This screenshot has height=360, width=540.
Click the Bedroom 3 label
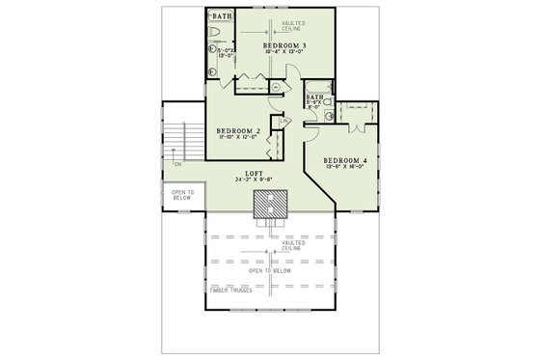pos(283,45)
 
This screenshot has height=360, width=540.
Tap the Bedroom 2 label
pos(238,130)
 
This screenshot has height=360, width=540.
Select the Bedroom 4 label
pos(345,159)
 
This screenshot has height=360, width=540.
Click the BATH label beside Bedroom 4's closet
pos(314,97)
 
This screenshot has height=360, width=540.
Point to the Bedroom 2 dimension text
pos(238,138)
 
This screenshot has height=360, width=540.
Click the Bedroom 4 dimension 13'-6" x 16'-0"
pos(345,167)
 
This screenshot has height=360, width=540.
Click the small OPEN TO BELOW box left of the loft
pos(182,197)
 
